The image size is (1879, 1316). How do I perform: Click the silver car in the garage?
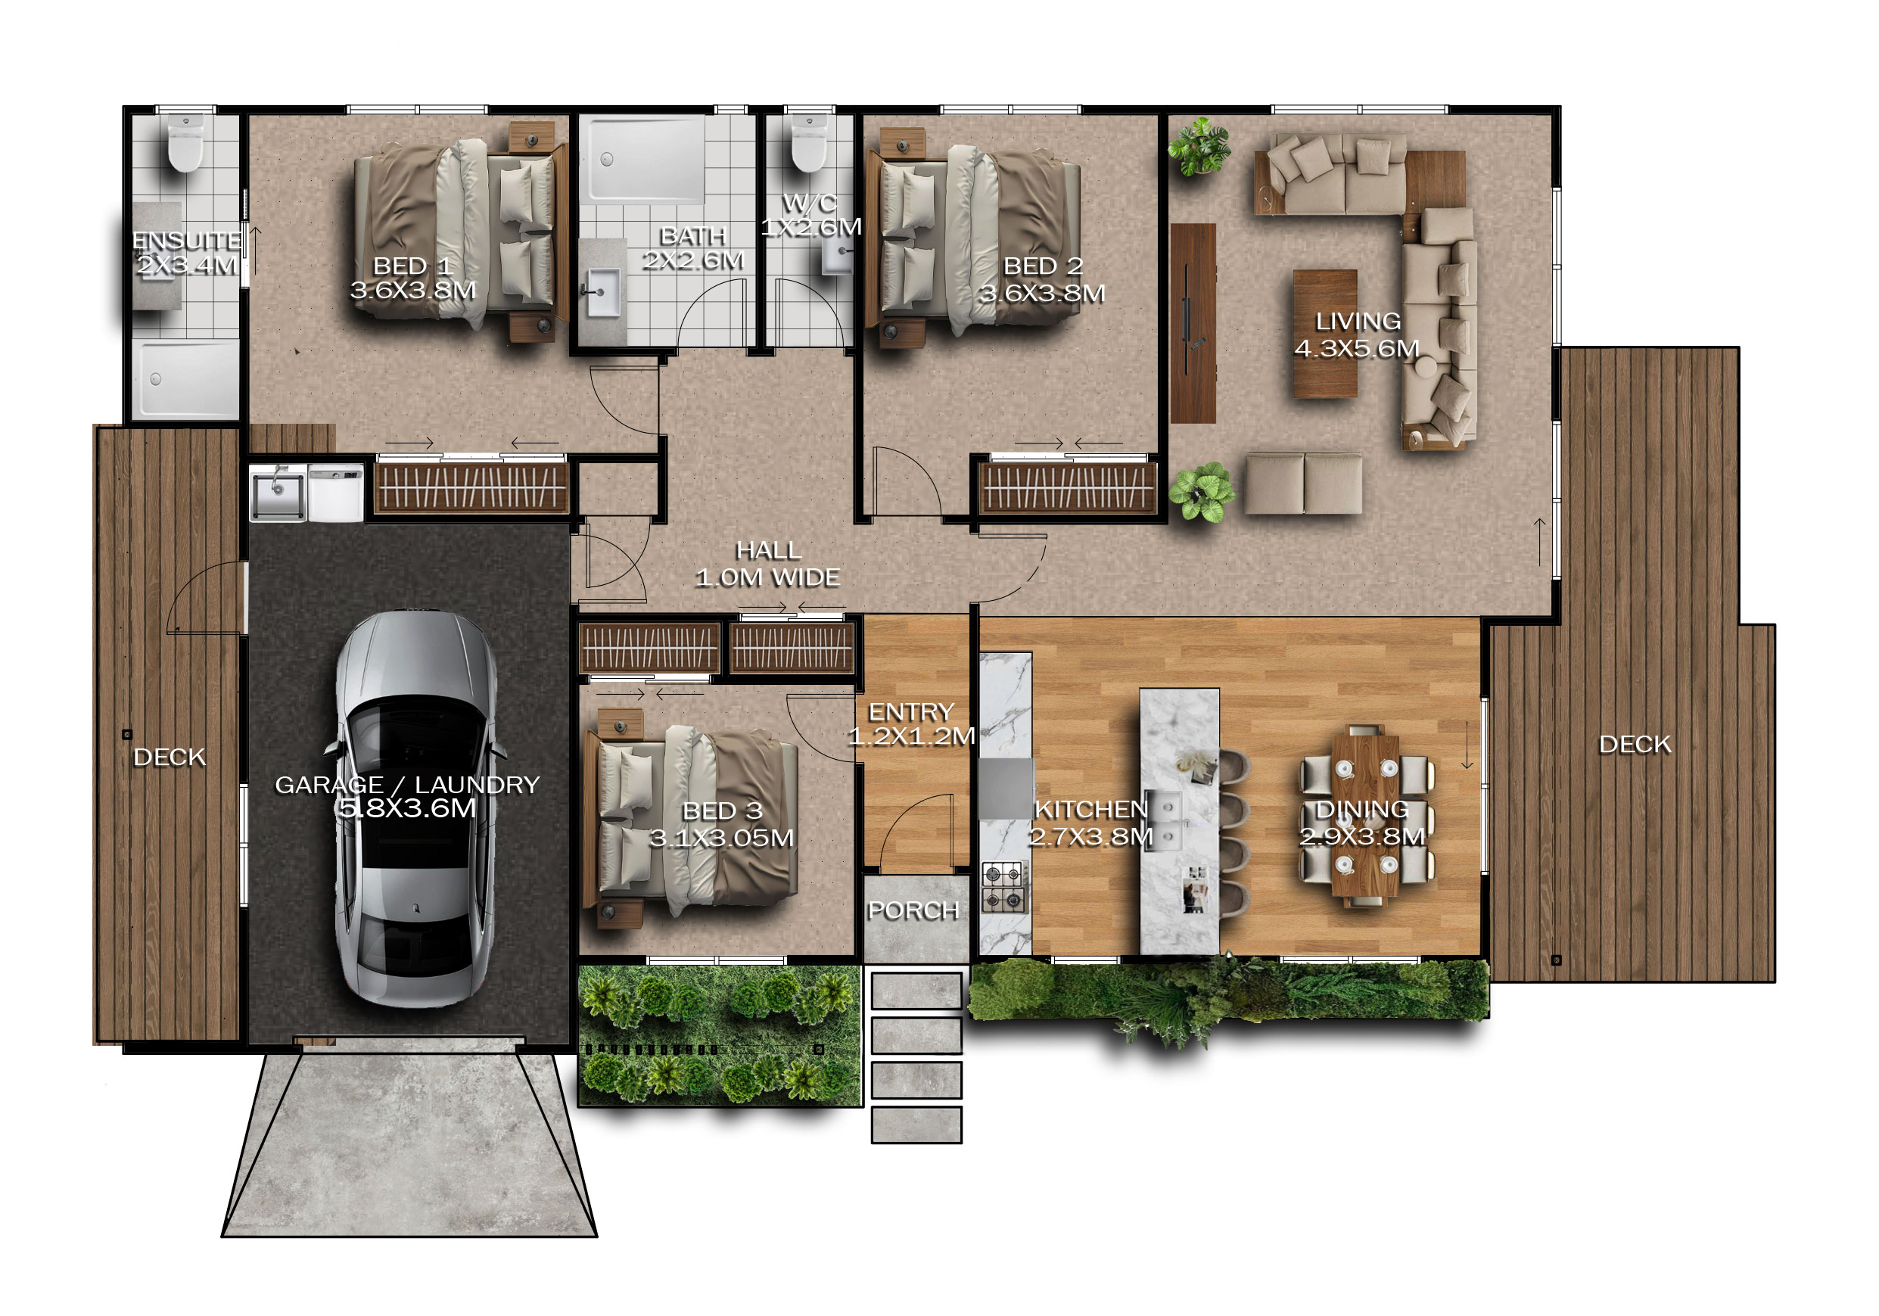point(415,808)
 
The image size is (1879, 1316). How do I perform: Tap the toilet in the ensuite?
point(185,143)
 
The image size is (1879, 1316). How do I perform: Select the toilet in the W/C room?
point(810,143)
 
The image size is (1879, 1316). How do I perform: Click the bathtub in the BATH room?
point(646,159)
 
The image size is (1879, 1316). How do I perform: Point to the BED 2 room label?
point(1043,280)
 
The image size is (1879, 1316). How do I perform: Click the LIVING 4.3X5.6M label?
point(1357,334)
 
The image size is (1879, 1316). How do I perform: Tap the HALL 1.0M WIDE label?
point(767,564)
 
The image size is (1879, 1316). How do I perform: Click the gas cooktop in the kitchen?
point(1004,887)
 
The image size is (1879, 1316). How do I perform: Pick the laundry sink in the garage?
point(278,493)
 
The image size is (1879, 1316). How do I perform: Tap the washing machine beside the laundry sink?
point(335,493)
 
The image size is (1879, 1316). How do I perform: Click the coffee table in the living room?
point(1325,334)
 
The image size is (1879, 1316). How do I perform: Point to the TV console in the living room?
point(1193,323)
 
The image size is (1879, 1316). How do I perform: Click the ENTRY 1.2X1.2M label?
point(911,724)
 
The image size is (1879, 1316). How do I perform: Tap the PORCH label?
point(913,910)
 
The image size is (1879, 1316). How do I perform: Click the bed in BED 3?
point(692,821)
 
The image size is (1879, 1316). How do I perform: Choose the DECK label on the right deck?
point(1635,744)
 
